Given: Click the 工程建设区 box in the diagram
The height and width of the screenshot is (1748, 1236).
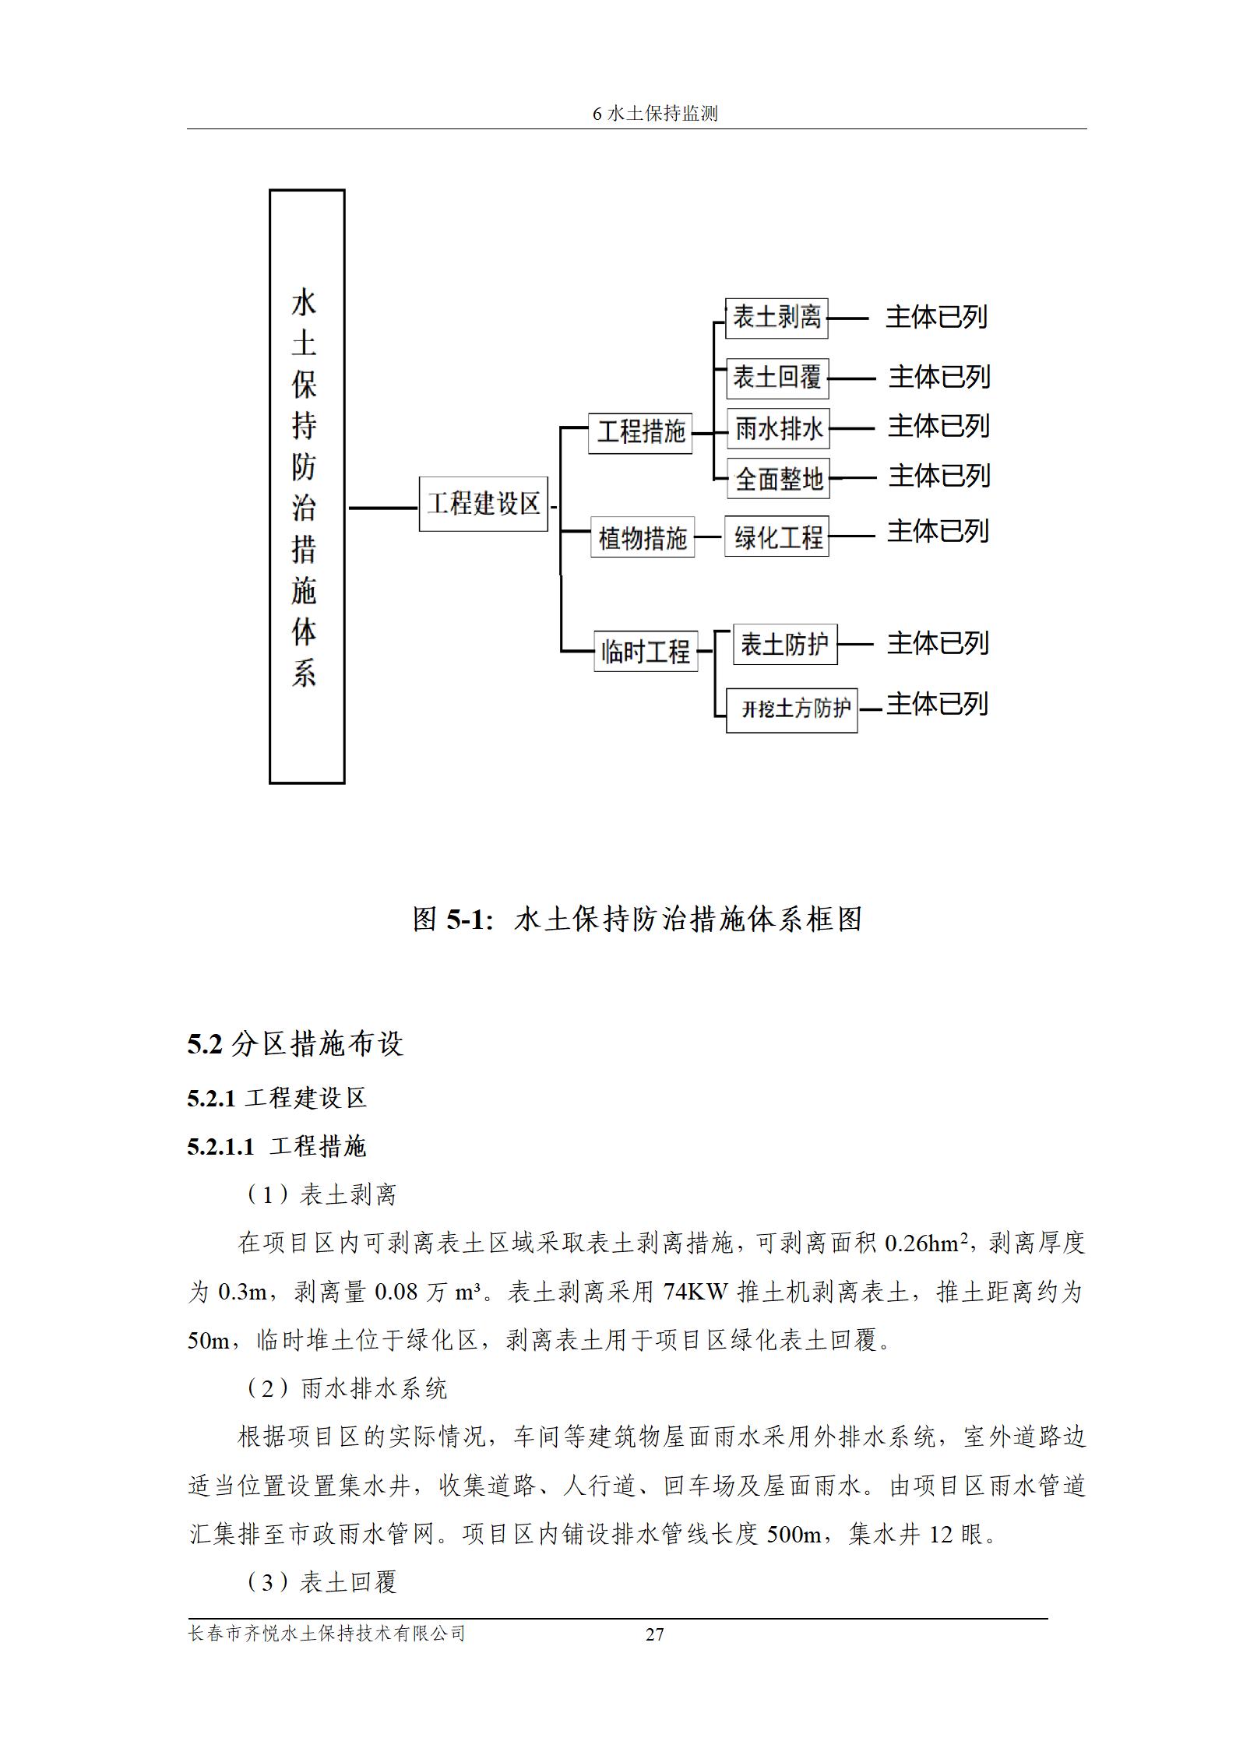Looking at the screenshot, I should (483, 504).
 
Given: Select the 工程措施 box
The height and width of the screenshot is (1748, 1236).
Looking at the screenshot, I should (640, 431).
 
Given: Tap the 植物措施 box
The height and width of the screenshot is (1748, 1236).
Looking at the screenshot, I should (642, 537).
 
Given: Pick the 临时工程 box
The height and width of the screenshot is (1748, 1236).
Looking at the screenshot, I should (646, 651).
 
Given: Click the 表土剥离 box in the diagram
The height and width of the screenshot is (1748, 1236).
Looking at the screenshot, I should (776, 318).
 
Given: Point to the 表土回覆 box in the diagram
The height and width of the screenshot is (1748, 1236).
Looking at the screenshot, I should (776, 378).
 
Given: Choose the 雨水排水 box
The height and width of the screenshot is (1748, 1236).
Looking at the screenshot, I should (778, 428).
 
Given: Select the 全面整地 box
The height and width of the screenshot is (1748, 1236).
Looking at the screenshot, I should (778, 478).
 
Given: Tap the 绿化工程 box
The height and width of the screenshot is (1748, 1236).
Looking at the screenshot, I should (776, 536).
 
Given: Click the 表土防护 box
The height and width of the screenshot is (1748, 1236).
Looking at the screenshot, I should (784, 645).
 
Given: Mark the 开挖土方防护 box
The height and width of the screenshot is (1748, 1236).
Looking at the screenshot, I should (791, 709).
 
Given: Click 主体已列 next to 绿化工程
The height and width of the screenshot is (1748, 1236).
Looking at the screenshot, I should (938, 532).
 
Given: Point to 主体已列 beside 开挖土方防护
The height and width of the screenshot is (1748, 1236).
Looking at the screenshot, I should (937, 704).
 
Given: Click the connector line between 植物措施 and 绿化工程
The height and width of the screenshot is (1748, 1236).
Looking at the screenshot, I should (709, 536).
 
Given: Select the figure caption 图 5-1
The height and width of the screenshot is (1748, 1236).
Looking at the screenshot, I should (637, 920).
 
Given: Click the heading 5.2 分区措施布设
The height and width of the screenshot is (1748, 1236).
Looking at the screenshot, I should (295, 1044).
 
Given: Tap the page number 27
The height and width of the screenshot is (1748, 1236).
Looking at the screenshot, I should (654, 1634).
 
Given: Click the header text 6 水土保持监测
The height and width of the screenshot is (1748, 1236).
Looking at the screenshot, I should (654, 114).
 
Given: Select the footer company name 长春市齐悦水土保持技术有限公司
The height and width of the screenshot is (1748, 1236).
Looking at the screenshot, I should (327, 1633).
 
